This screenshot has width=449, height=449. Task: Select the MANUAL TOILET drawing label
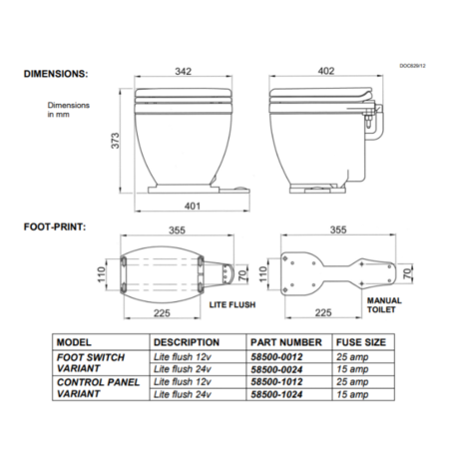point(383,305)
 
